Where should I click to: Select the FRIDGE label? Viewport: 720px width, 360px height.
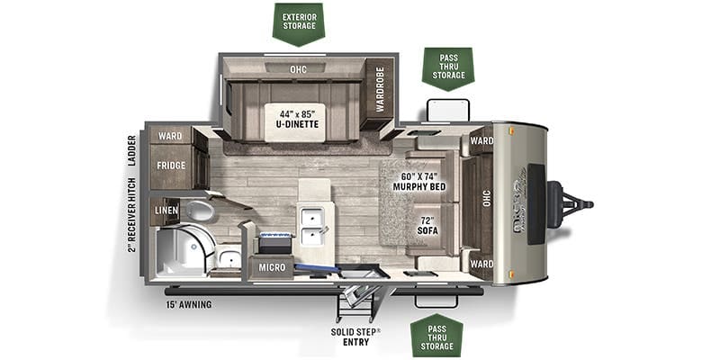171,166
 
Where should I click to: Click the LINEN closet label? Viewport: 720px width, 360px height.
166,211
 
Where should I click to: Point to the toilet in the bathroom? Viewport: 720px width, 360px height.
199,211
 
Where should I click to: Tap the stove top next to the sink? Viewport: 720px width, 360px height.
275,241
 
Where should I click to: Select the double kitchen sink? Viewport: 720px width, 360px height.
315,227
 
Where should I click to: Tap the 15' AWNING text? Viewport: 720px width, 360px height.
188,305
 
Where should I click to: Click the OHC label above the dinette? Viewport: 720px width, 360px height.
298,68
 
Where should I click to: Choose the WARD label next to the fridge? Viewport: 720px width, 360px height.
170,137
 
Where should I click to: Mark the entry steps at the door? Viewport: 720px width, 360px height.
354,301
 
